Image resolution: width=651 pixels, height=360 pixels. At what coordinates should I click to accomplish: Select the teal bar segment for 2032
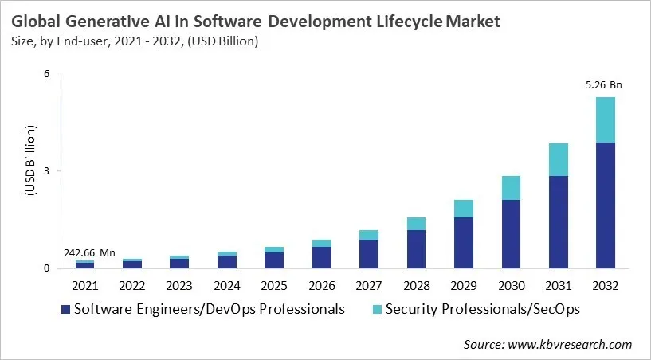(605, 120)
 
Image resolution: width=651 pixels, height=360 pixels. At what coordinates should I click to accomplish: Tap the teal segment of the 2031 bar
(558, 159)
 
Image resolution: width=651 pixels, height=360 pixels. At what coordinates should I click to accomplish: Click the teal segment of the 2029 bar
(463, 209)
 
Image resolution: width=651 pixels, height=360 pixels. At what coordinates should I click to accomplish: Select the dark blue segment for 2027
(369, 254)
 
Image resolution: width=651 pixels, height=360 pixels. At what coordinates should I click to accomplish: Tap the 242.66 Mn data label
(88, 253)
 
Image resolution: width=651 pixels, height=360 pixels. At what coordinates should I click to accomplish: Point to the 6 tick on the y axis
(46, 74)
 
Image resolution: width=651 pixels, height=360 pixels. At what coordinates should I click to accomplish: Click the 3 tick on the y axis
(46, 171)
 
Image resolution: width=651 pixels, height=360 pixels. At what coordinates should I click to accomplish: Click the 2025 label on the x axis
(275, 284)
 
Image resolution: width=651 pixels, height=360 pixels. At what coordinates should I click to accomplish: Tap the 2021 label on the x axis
(85, 284)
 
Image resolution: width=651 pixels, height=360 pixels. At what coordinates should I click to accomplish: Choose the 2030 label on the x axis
(510, 284)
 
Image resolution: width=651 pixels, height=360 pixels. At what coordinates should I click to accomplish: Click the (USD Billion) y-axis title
(30, 160)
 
